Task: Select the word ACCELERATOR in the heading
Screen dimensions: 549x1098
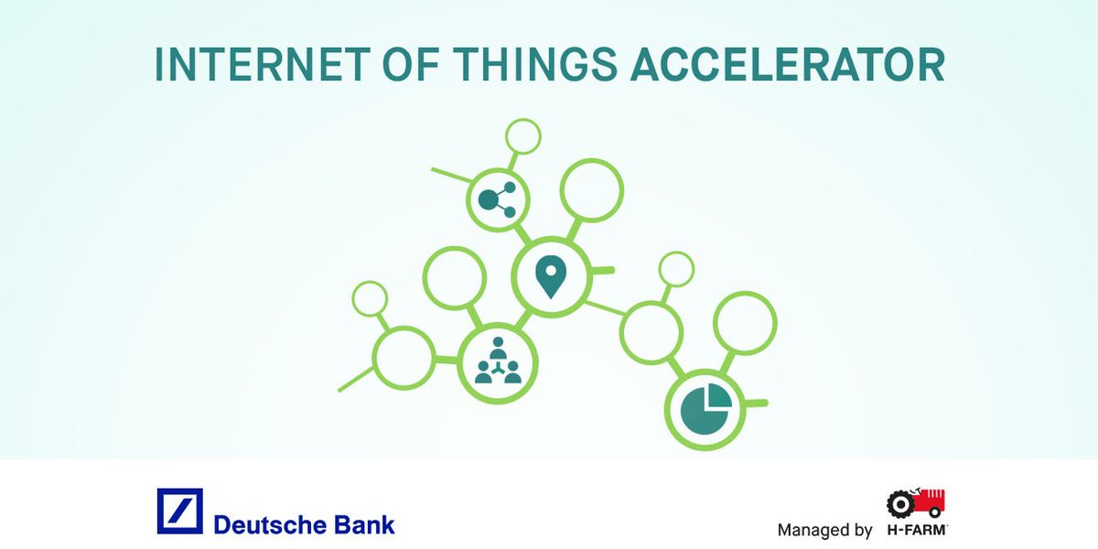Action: coord(787,64)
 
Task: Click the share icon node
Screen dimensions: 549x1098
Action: coord(498,198)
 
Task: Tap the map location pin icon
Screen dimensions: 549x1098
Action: coord(548,276)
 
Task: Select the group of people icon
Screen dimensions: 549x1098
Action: coord(497,363)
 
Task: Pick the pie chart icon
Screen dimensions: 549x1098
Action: coord(705,408)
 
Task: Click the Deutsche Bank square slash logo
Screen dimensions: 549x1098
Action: coord(179,511)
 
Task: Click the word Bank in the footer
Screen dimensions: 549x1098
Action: coord(364,524)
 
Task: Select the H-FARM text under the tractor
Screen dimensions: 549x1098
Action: coord(916,530)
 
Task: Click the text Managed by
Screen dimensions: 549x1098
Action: coord(824,530)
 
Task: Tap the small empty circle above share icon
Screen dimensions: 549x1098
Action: coord(523,137)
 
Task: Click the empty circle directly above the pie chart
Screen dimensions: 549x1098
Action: coord(745,323)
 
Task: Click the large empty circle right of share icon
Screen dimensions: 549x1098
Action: coord(591,190)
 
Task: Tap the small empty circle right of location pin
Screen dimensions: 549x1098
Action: coord(677,269)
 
